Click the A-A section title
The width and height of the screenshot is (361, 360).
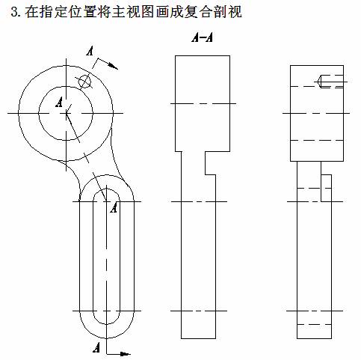202,37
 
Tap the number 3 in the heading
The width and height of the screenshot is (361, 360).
14,12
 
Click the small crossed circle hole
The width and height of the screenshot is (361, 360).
84,82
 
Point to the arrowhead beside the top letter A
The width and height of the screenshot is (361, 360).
114,66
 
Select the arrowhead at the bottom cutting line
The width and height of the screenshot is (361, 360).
125,353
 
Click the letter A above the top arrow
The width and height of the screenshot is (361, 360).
90,51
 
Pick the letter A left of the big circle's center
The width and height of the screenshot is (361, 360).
59,103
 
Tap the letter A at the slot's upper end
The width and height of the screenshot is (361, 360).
114,207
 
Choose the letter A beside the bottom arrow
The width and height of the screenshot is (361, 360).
96,347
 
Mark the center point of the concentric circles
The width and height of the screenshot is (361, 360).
66,113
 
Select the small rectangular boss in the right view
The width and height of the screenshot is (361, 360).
326,188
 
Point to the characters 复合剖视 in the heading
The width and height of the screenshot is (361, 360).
213,12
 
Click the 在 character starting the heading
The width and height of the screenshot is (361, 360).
31,12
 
